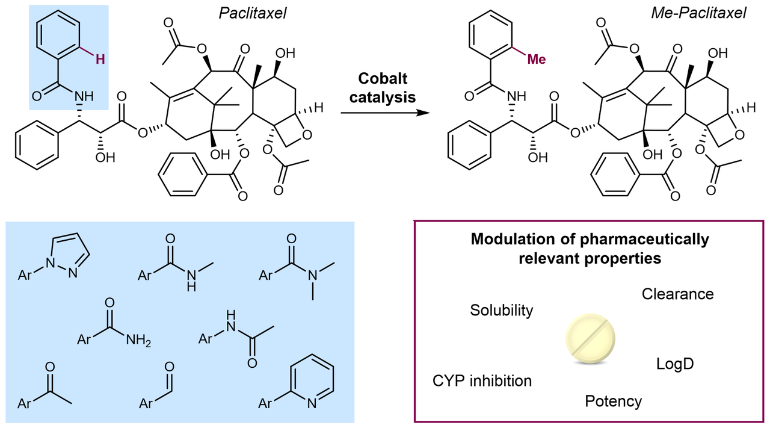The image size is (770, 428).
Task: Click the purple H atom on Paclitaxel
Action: (102, 58)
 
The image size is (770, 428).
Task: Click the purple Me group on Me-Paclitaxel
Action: (540, 59)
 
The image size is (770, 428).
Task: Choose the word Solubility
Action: (501, 310)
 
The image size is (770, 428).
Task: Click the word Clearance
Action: (677, 294)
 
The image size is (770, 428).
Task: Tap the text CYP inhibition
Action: (482, 380)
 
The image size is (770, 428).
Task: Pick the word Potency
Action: (613, 401)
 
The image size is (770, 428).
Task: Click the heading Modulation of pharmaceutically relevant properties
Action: (590, 249)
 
